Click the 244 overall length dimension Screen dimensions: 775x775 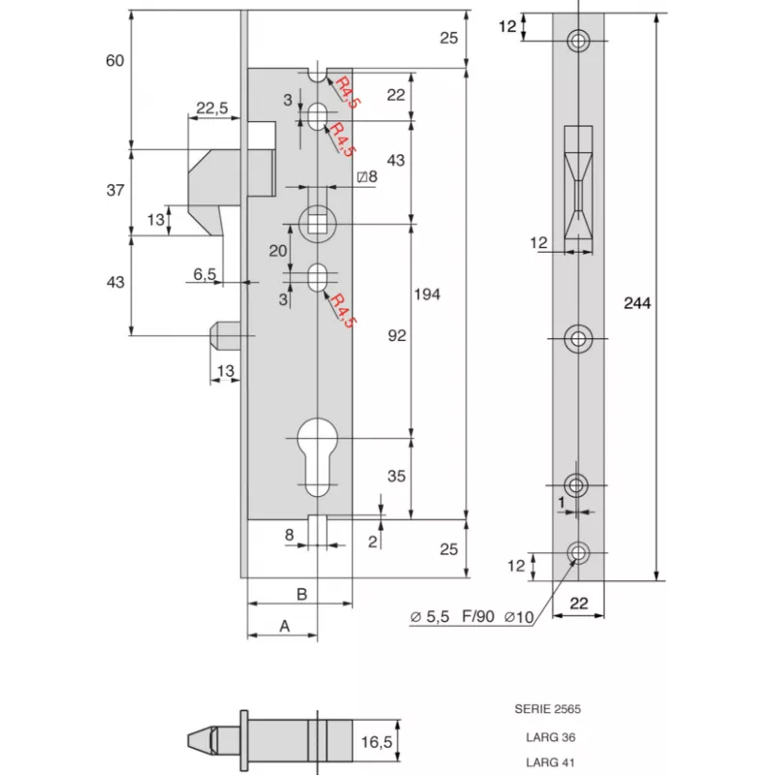tap(637, 303)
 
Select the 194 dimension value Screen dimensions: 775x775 tap(426, 294)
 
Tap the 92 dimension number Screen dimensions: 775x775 tap(397, 335)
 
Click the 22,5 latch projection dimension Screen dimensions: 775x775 tap(212, 108)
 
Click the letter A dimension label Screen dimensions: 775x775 tap(285, 626)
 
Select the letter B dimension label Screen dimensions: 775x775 tap(301, 593)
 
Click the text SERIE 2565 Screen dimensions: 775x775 tap(547, 709)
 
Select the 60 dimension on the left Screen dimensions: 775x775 tap(115, 61)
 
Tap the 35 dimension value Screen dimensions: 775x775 tap(397, 477)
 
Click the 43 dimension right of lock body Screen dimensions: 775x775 tap(397, 159)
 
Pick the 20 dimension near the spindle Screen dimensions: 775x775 tap(278, 250)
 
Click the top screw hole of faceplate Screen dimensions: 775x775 tap(579, 41)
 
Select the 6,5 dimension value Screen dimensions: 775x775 tap(204, 274)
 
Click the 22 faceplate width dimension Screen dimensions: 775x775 tap(578, 603)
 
